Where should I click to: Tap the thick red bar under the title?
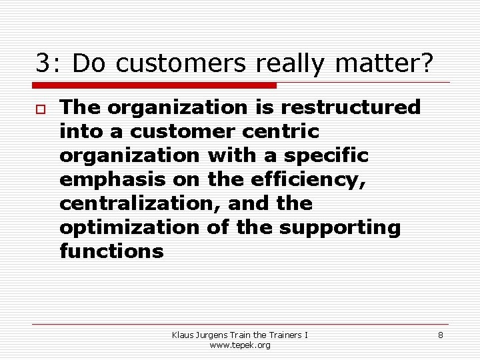(x=155, y=85)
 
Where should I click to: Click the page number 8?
(x=440, y=335)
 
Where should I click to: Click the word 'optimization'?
(x=129, y=227)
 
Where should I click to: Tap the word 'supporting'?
(x=340, y=227)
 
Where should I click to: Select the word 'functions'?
(x=111, y=251)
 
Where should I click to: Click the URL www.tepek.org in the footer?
(x=240, y=345)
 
